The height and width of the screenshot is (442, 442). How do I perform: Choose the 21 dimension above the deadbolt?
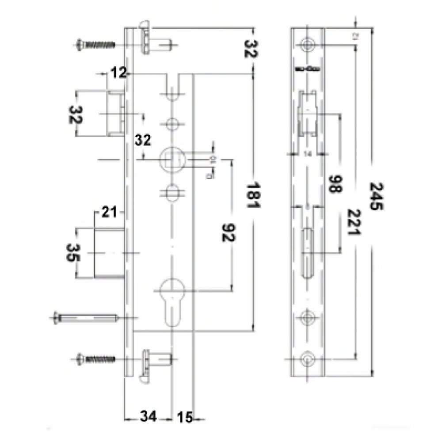click(108, 213)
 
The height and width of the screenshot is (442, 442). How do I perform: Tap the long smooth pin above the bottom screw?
click(86, 316)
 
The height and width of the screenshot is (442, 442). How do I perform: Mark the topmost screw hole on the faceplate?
click(308, 44)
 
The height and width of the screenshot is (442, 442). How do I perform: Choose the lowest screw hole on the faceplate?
click(308, 359)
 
